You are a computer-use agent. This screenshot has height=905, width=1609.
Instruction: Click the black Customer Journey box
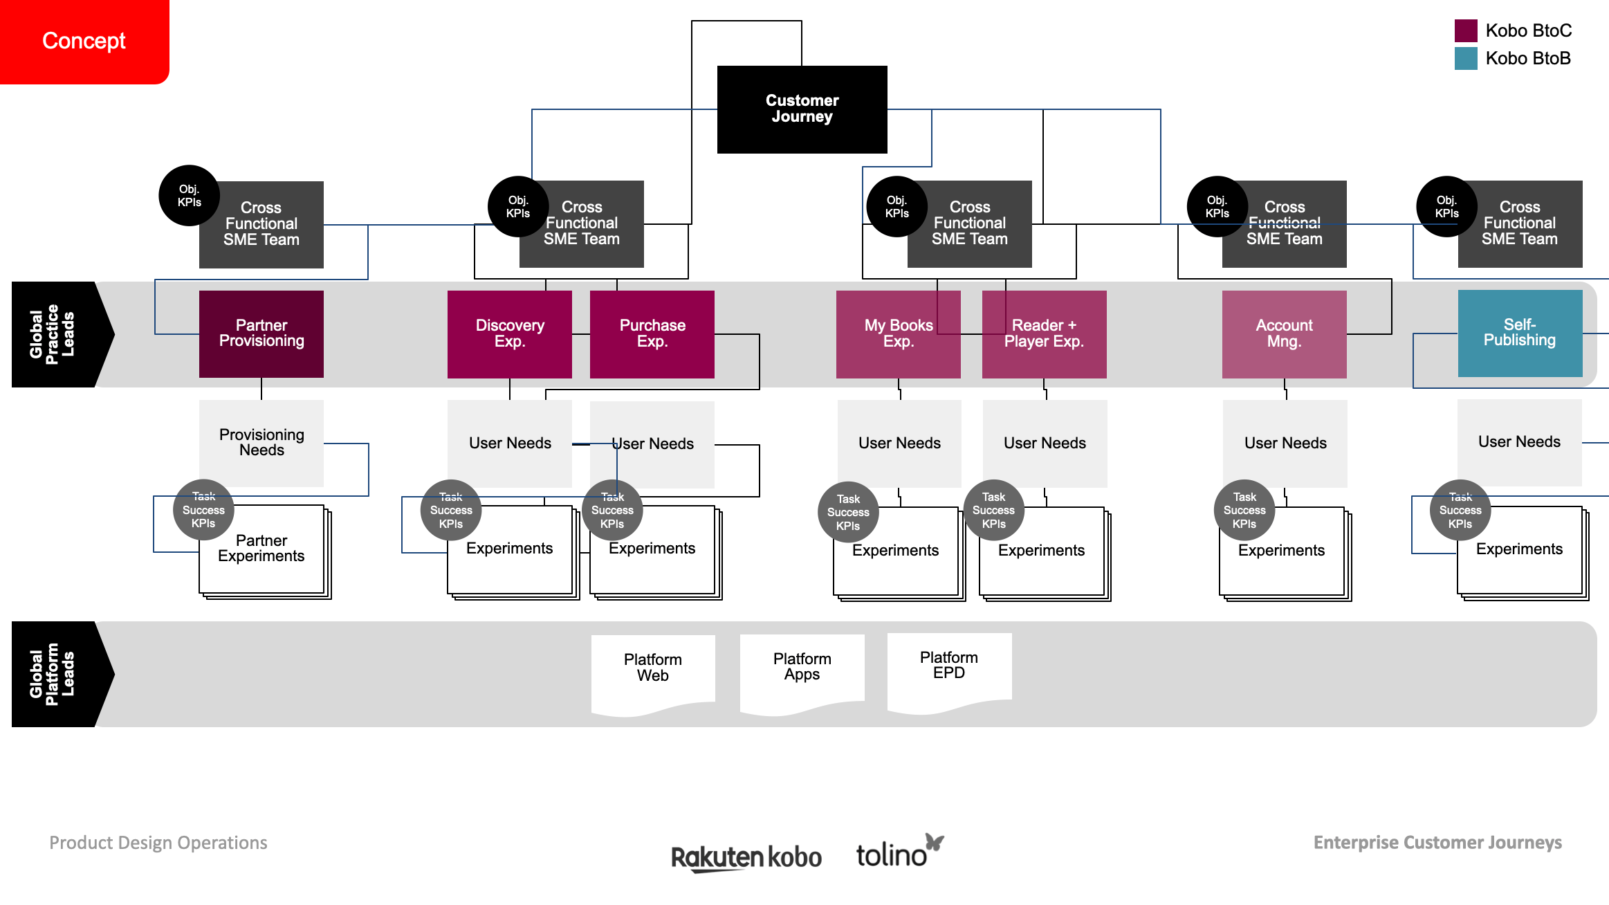(x=802, y=109)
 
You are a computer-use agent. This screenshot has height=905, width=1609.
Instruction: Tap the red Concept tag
(x=84, y=41)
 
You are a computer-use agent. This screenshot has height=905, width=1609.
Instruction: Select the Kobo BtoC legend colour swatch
(x=1466, y=30)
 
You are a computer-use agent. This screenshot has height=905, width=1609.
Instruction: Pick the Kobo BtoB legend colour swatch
(x=1466, y=58)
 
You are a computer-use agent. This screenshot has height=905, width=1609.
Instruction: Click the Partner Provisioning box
(x=261, y=333)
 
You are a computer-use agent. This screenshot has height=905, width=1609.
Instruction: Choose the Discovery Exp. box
(x=509, y=333)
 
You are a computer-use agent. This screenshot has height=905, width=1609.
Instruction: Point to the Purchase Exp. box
(x=652, y=333)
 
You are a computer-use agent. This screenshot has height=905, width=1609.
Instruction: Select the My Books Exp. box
(x=898, y=333)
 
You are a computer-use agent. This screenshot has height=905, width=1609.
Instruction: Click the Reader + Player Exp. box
(x=1044, y=333)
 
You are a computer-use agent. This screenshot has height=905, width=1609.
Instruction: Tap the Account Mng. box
(x=1284, y=333)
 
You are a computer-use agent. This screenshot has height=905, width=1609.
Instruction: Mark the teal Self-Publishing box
(x=1520, y=333)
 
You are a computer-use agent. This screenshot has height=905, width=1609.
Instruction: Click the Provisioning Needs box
(x=261, y=443)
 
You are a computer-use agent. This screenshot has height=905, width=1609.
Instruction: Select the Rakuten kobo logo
(x=746, y=857)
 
